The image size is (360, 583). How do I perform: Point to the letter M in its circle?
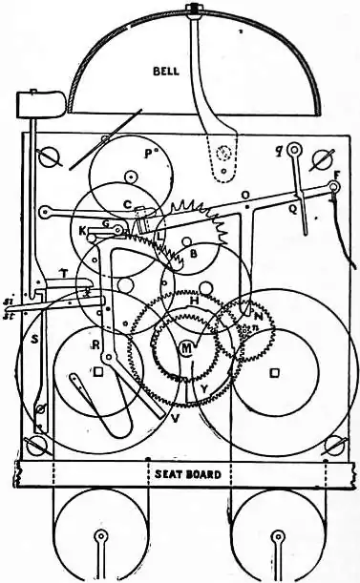pyautogui.click(x=187, y=349)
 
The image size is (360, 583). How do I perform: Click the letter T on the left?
pyautogui.click(x=63, y=273)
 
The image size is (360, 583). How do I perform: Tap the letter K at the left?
pyautogui.click(x=82, y=230)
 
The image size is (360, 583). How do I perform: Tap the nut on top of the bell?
pyautogui.click(x=195, y=12)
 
